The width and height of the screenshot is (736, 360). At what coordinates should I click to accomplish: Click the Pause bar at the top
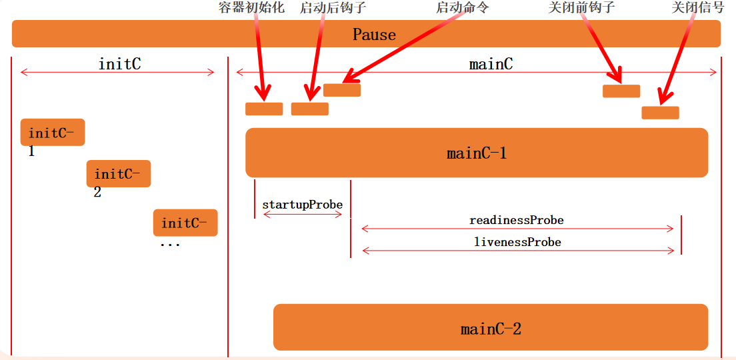[x=366, y=34]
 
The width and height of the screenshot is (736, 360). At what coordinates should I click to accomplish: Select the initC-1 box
[x=53, y=132]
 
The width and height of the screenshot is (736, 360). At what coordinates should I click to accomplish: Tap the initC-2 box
[x=119, y=173]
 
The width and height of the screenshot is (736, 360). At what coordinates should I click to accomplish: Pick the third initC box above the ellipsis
[x=185, y=223]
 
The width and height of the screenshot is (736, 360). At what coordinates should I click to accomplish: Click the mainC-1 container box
[x=477, y=153]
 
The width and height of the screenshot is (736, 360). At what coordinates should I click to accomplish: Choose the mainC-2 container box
[x=491, y=327]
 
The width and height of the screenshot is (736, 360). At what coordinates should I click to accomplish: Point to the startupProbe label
[x=302, y=205]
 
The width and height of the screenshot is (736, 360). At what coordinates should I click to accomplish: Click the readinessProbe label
[x=517, y=220]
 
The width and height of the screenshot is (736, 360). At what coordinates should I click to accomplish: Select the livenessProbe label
[x=517, y=242]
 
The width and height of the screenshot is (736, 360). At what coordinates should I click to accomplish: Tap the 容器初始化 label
[x=251, y=7]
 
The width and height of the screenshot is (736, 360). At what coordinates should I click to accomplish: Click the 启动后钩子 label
[x=333, y=7]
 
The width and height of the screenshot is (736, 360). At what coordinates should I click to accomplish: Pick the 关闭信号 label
[x=697, y=7]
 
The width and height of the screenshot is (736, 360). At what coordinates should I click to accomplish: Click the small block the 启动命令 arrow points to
[x=342, y=90]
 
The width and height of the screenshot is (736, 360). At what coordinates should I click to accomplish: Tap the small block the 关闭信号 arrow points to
[x=660, y=113]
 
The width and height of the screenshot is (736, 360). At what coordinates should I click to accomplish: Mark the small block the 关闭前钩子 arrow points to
[x=621, y=91]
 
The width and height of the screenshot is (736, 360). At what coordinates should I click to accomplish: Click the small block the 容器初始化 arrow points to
[x=264, y=109]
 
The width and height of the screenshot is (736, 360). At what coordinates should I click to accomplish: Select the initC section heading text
[x=119, y=64]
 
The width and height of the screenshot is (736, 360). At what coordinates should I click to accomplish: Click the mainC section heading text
[x=491, y=64]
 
